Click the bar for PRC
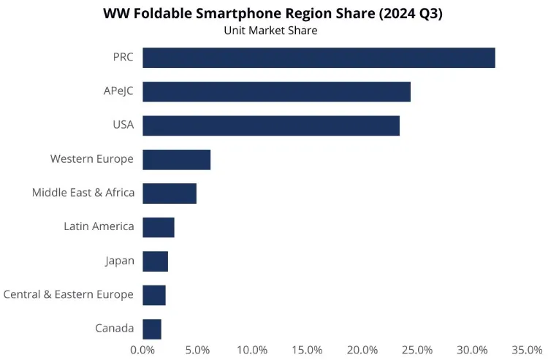pyautogui.click(x=319, y=58)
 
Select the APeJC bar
pyautogui.click(x=276, y=91)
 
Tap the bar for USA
pyautogui.click(x=271, y=126)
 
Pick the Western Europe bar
pyautogui.click(x=177, y=160)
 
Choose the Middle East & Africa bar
pyautogui.click(x=170, y=194)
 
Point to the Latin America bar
pyautogui.click(x=159, y=227)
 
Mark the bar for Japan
pyautogui.click(x=155, y=261)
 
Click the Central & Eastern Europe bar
pyautogui.click(x=154, y=295)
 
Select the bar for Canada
pyautogui.click(x=152, y=329)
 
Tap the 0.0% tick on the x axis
pyautogui.click(x=142, y=350)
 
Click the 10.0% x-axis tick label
pyautogui.click(x=252, y=350)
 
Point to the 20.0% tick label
pyautogui.click(x=362, y=350)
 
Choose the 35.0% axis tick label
pyautogui.click(x=527, y=350)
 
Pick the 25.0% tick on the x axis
pyautogui.click(x=417, y=350)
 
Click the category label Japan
pyautogui.click(x=120, y=261)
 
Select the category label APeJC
pyautogui.click(x=118, y=91)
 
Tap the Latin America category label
pyautogui.click(x=99, y=226)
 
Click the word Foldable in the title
pyautogui.click(x=162, y=13)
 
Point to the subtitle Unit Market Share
pyautogui.click(x=270, y=31)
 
